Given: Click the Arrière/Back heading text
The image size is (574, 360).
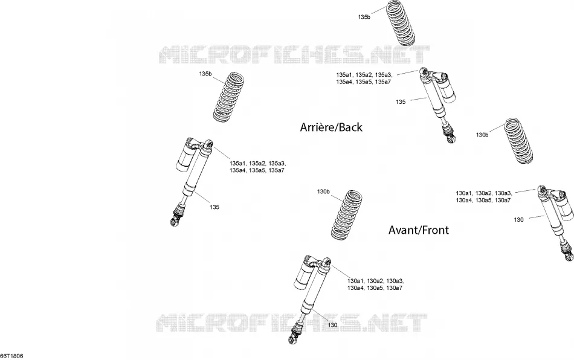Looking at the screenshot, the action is coord(331,127).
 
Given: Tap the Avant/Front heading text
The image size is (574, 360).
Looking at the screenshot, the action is coord(419,230).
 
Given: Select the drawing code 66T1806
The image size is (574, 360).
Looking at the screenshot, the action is coord(11,356).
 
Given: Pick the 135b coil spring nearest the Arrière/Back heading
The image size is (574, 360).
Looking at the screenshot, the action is coord(228,97).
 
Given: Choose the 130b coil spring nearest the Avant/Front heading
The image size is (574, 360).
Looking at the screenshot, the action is coord(347,216).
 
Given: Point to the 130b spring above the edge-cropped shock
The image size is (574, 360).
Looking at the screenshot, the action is coord(519,141).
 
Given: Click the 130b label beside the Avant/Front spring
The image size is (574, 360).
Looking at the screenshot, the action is coord(324,191).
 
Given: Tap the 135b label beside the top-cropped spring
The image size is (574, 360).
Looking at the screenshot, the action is coord(364,17).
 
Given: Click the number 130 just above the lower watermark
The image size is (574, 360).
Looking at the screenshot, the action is coord(332,325).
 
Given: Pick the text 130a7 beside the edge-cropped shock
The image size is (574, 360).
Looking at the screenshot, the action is coord(503,200).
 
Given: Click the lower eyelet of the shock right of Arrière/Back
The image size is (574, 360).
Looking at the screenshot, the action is coord(452,139).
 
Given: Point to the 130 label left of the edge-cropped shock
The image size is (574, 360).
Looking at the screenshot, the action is coord(519,219).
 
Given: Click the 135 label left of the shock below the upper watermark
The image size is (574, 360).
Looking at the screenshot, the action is coord(401,102).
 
